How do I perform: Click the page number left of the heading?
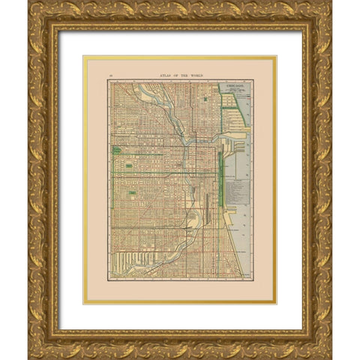point(110,76)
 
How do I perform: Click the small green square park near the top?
point(205,97)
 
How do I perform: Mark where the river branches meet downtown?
point(184,141)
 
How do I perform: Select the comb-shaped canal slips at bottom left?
point(135,262)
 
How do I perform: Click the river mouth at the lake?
point(225,136)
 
